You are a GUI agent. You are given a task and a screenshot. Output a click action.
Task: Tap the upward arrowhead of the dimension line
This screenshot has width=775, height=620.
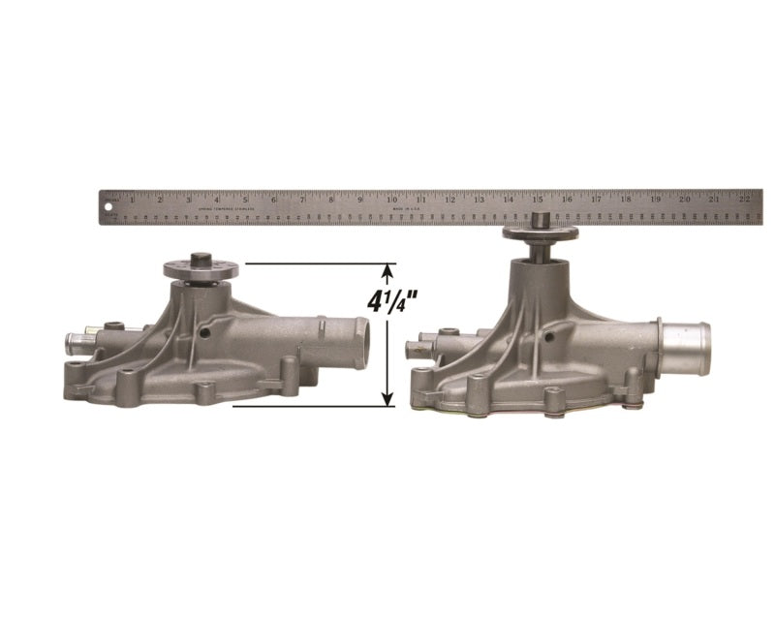pyautogui.click(x=389, y=270)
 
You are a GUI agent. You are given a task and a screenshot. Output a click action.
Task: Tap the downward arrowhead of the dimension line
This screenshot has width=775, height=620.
pyautogui.click(x=389, y=398)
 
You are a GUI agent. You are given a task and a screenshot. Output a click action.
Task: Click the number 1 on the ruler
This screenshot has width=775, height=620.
pyautogui.click(x=132, y=199)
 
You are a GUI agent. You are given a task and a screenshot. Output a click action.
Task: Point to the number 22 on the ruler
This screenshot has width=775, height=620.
pyautogui.click(x=744, y=199)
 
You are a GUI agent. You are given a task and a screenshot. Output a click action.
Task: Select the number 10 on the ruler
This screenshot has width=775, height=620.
pyautogui.click(x=391, y=199)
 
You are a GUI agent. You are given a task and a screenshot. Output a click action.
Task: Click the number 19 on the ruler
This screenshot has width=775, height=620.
pyautogui.click(x=656, y=199)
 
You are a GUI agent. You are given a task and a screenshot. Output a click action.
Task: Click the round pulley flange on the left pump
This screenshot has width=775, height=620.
pyautogui.click(x=201, y=270)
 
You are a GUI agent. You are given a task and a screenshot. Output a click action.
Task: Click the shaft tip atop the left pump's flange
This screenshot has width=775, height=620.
pyautogui.click(x=201, y=259)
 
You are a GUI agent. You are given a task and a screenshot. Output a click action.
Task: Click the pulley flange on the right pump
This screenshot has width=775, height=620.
pyautogui.click(x=540, y=232)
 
